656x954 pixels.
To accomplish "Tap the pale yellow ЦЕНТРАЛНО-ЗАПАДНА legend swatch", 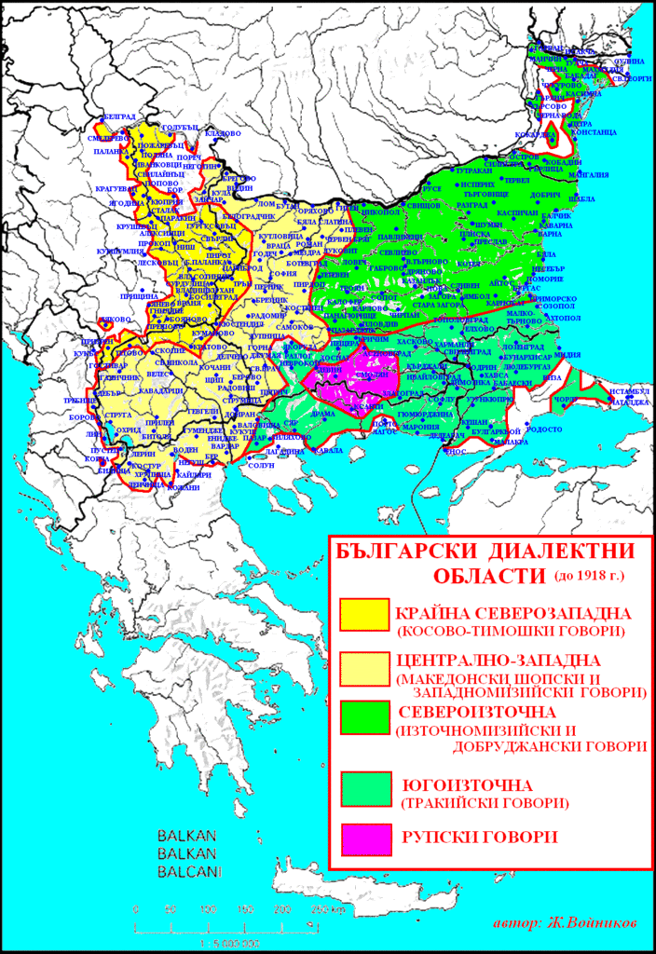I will [x=366, y=672].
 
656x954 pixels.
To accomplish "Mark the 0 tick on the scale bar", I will [x=136, y=908].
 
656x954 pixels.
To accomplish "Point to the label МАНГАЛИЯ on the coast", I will [x=589, y=174].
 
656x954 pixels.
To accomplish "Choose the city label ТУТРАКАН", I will [x=473, y=171].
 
